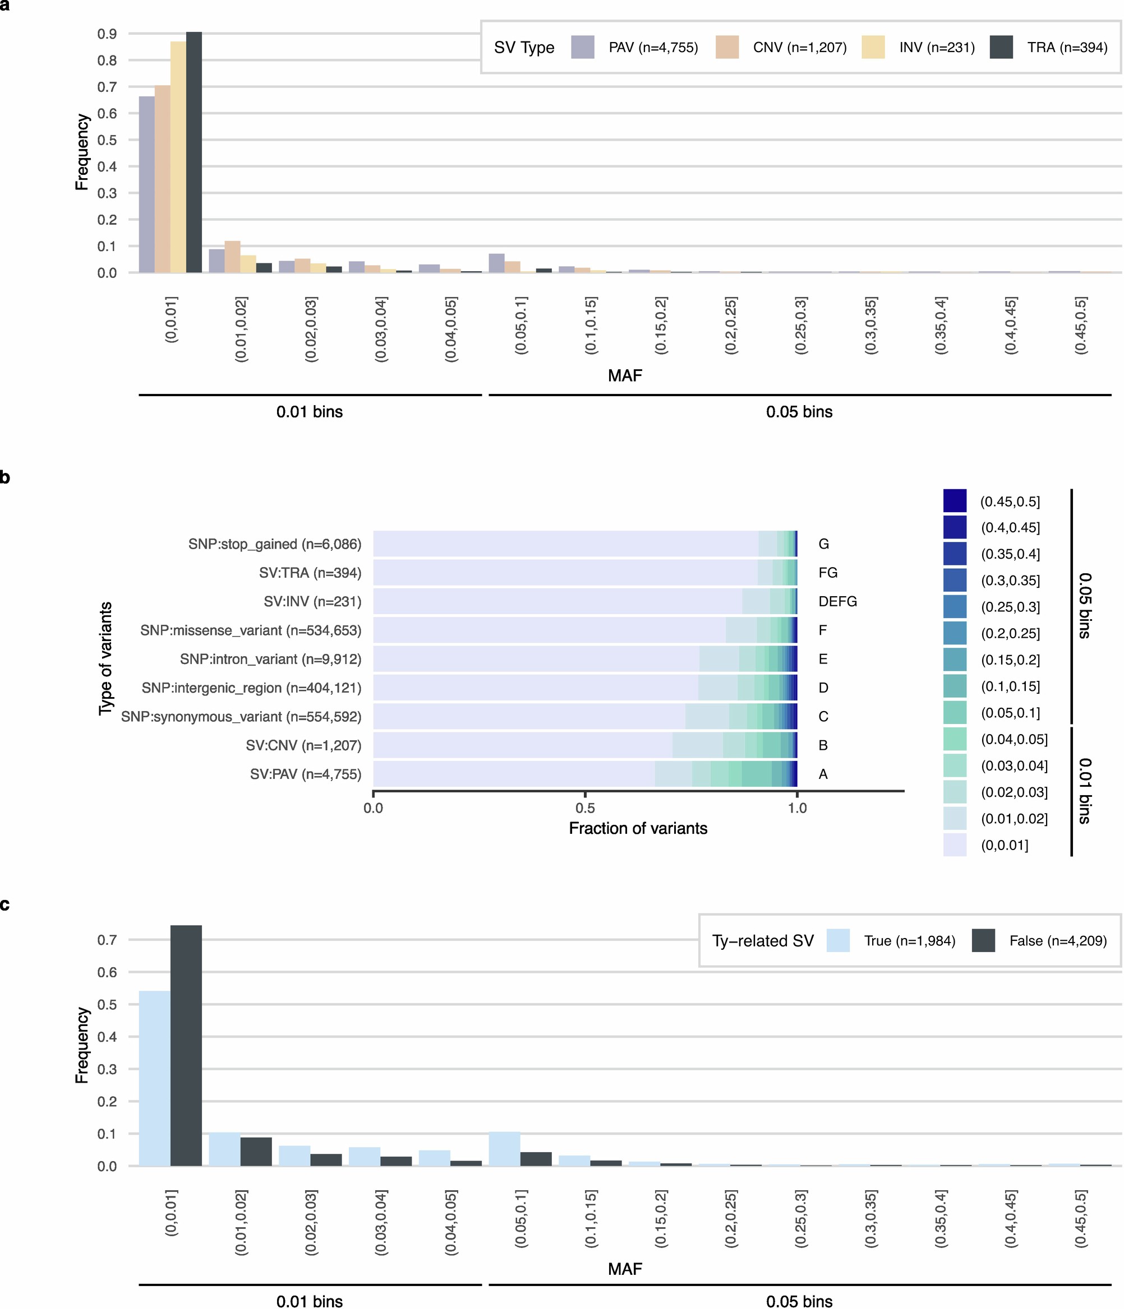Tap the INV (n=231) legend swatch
click(x=873, y=48)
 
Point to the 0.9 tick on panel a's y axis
click(x=107, y=34)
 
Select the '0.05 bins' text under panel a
click(x=799, y=412)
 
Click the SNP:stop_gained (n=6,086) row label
click(x=274, y=544)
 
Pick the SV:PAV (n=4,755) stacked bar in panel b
click(x=585, y=774)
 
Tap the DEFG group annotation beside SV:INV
click(x=837, y=601)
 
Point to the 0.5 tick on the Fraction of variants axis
click(x=585, y=808)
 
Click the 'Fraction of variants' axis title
click(x=638, y=828)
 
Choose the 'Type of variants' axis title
click(x=105, y=659)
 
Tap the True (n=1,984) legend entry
click(x=909, y=941)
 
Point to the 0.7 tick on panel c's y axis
click(x=107, y=939)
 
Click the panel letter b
click(x=4, y=477)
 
